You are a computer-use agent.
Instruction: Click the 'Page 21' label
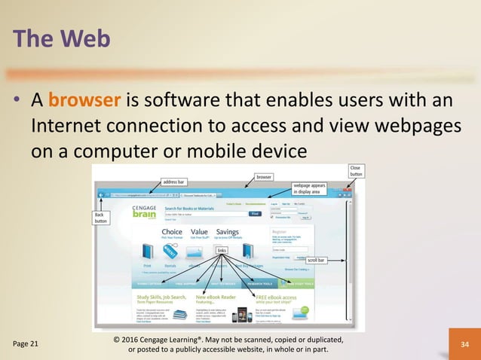tap(26, 343)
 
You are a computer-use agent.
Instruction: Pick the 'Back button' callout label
tap(100, 218)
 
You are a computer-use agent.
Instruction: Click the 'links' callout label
tap(222, 250)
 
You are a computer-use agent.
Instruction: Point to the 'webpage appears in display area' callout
tap(311, 188)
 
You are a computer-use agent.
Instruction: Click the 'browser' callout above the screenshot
tap(264, 178)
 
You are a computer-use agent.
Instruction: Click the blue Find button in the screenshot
tap(255, 214)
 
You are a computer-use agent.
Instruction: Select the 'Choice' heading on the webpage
tap(172, 232)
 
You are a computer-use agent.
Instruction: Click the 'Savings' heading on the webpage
tap(227, 232)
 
